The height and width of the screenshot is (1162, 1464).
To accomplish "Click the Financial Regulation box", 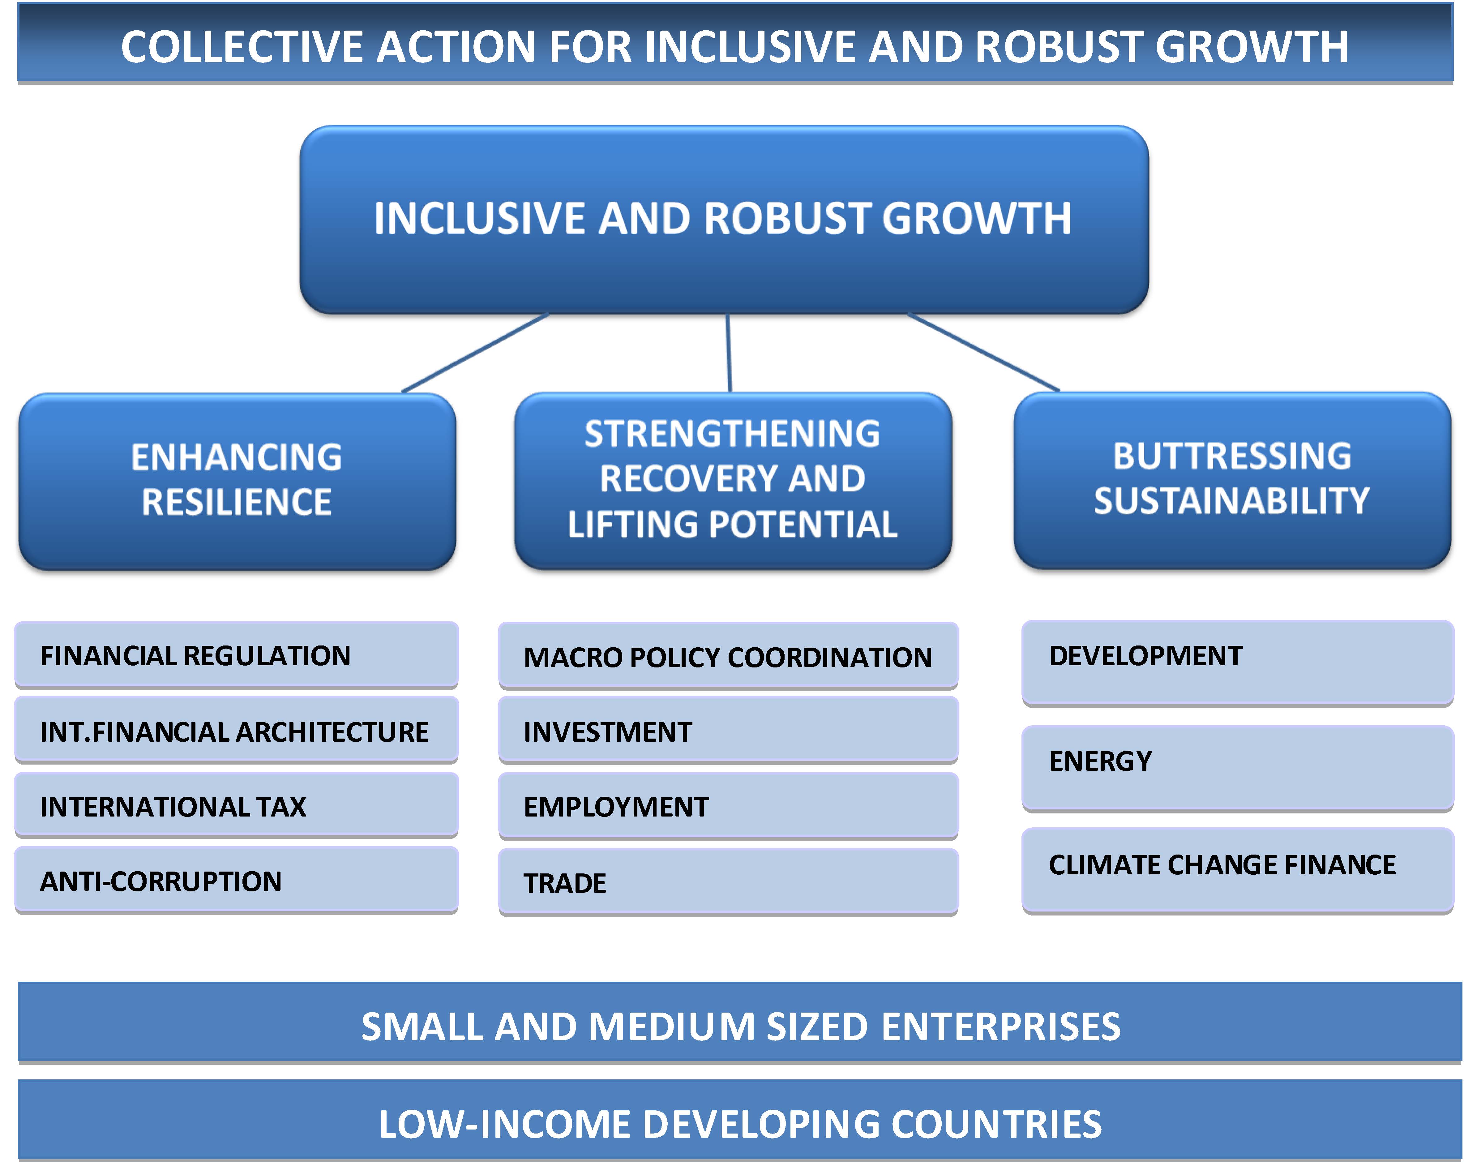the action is click(236, 655).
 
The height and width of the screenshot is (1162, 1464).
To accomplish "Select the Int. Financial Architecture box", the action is click(236, 730).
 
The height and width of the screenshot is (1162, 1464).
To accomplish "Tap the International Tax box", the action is click(236, 805).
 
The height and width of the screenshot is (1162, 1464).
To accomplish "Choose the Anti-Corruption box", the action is click(236, 880).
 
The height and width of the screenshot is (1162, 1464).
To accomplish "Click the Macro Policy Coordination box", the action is click(728, 656).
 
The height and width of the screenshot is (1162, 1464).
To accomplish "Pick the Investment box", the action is click(728, 731).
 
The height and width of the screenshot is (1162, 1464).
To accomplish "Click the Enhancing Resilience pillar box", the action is click(237, 481).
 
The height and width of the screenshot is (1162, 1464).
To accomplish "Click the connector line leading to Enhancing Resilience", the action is click(475, 353).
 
